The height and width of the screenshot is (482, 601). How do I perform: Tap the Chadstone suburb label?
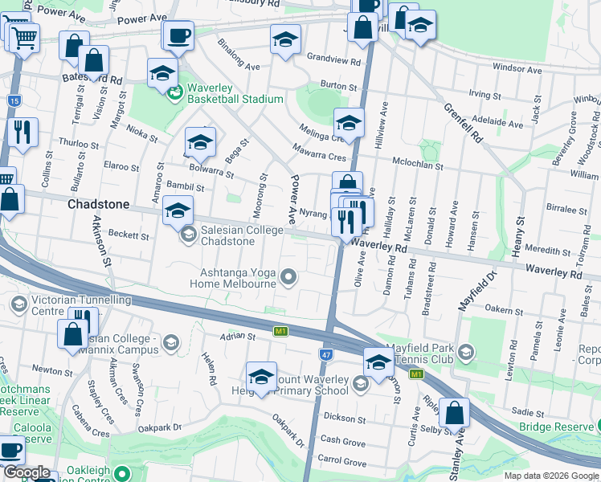[98, 205]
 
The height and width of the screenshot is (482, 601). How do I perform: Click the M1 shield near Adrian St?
[280, 331]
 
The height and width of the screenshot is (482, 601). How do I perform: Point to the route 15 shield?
[14, 100]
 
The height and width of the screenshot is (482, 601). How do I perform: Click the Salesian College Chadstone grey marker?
[188, 235]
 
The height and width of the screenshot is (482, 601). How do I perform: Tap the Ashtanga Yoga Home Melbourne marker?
[290, 278]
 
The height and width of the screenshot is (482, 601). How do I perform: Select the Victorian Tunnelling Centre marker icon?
[18, 304]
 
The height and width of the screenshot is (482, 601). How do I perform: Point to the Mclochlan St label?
[417, 165]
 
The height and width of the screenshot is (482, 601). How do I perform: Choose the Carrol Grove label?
[341, 462]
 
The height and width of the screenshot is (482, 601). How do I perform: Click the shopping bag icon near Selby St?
[455, 413]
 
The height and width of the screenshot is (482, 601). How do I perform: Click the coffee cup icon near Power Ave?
[178, 35]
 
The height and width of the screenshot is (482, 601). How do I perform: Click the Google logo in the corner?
[27, 472]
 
